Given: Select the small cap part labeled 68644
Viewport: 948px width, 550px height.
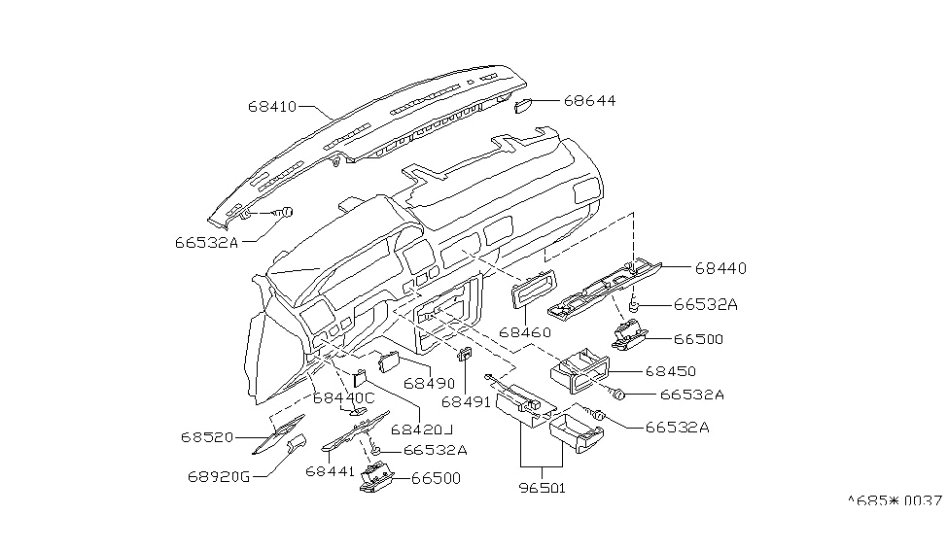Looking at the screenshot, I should click(x=522, y=106).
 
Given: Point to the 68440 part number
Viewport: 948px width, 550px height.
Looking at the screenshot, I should click(x=720, y=268).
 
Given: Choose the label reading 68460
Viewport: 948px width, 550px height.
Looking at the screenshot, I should click(x=526, y=332).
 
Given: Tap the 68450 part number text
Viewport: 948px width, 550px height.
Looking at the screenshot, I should click(x=670, y=371).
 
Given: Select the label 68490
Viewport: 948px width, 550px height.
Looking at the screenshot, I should click(x=430, y=384).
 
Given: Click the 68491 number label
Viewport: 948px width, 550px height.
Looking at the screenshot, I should click(x=467, y=401).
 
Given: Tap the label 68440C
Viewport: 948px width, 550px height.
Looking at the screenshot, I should click(x=343, y=397).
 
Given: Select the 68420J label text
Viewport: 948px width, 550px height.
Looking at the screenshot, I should click(x=423, y=429).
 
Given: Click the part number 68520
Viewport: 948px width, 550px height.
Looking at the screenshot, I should click(x=206, y=437).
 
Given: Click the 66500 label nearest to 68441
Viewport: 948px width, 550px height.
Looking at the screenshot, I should click(x=436, y=478).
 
